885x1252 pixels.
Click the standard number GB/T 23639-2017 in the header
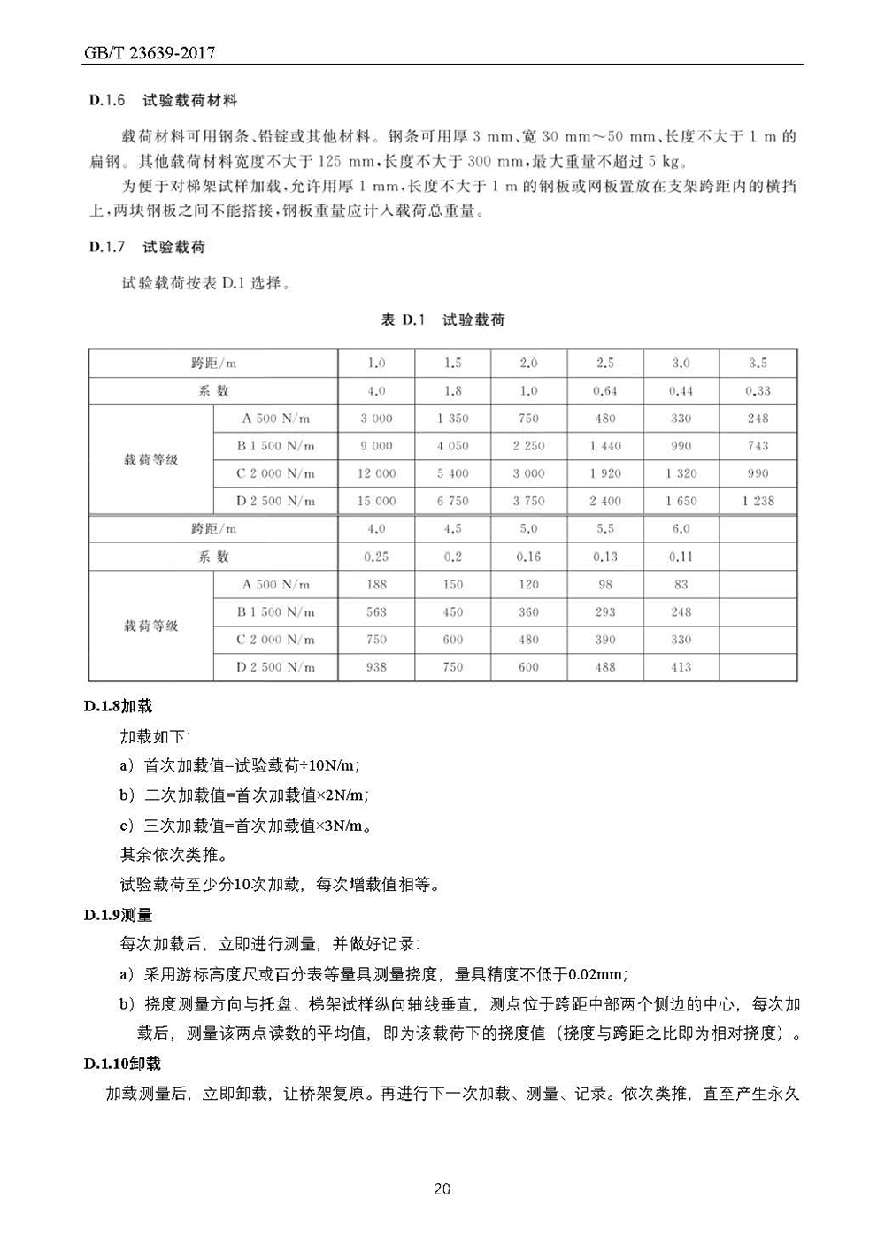[x=150, y=53]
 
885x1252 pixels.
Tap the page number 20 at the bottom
[x=442, y=1188]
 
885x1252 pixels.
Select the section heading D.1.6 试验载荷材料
[x=164, y=100]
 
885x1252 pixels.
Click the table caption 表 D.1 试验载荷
[x=442, y=319]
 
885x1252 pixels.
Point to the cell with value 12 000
[x=376, y=473]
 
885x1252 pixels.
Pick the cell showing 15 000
[x=376, y=501]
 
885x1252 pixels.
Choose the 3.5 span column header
[x=758, y=363]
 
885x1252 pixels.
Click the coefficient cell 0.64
[x=604, y=390]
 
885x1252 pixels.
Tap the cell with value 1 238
[x=758, y=501]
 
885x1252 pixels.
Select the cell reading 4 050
[x=452, y=446]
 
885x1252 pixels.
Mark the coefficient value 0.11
[x=681, y=557]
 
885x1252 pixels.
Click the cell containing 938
[x=376, y=667]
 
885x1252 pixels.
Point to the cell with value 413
[x=681, y=667]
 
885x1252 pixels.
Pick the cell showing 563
[x=376, y=611]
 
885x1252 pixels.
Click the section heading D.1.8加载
[x=119, y=706]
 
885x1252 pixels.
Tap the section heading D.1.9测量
[x=119, y=915]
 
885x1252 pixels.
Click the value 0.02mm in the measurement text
[x=596, y=974]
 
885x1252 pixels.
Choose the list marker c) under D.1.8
[x=127, y=826]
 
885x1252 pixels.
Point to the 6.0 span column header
[x=681, y=529]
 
